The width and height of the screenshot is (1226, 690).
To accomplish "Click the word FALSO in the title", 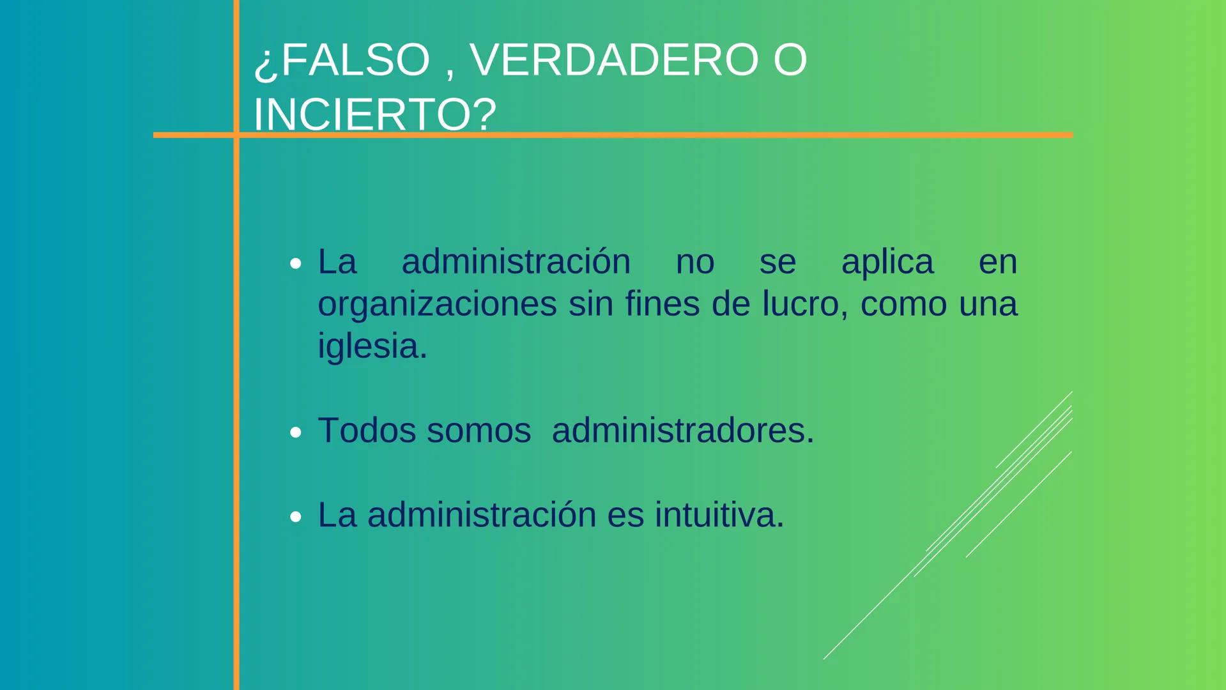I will [x=355, y=60].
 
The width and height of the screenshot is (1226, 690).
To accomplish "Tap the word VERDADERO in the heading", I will [x=614, y=60].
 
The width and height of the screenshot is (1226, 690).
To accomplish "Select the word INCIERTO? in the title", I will [x=375, y=115].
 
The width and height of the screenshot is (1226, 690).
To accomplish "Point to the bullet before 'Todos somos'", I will [x=295, y=433].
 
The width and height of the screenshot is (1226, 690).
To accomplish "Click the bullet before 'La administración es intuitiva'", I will [x=295, y=516].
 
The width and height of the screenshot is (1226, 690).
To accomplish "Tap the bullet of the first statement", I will [x=295, y=263].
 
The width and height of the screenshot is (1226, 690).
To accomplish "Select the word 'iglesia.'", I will [x=372, y=346].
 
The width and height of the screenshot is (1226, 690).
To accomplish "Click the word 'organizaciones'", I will [x=437, y=304].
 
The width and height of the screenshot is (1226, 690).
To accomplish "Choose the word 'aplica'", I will [x=887, y=262].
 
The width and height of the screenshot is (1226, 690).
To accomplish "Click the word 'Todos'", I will [x=367, y=431].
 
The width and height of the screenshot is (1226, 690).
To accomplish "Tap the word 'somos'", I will [x=479, y=431].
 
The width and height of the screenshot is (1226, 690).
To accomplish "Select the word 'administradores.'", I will [x=683, y=431].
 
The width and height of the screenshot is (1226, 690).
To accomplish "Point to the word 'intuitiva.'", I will [x=719, y=515].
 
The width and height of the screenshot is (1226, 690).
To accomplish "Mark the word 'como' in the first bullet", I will [x=903, y=304].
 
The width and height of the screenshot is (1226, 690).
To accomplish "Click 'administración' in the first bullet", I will [x=516, y=262].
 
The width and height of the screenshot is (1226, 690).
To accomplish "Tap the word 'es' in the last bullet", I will [x=625, y=515].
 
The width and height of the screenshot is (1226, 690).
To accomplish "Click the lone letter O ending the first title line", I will [x=790, y=60].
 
